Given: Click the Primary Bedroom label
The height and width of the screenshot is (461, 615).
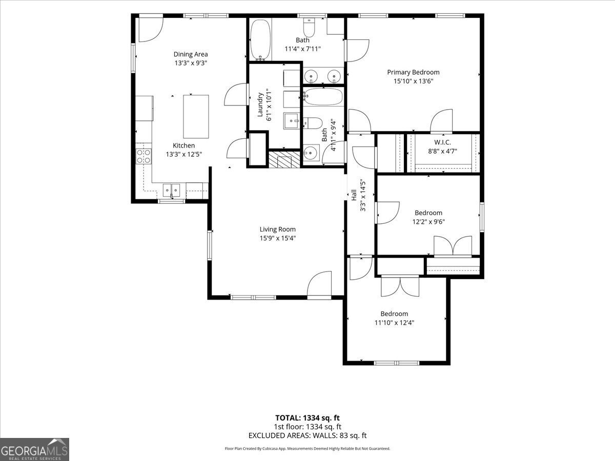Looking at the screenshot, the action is (413, 72).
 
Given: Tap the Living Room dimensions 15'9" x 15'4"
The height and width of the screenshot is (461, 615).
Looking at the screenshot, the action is (277, 238).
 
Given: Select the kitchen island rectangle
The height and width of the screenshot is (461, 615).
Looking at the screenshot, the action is (196, 116).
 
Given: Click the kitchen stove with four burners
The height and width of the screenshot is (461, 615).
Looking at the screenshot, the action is (143, 156).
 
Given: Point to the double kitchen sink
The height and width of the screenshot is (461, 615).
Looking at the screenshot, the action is (172, 191).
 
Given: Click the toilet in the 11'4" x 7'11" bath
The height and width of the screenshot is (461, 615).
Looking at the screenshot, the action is (309, 27).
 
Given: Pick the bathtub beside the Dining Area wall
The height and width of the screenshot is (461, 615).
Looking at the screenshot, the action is (260, 40).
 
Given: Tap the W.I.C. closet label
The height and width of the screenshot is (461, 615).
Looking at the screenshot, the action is (442, 142).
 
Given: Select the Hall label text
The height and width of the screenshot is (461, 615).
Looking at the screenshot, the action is (354, 195).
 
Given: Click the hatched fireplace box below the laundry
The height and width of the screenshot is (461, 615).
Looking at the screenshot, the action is (284, 159).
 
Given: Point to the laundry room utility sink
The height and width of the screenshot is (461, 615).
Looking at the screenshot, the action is (292, 121).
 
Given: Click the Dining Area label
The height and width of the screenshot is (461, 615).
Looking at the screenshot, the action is (191, 54).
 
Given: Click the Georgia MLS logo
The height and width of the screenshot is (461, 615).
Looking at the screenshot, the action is (34, 450).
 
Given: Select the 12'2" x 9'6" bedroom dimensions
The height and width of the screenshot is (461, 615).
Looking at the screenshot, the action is (428, 222).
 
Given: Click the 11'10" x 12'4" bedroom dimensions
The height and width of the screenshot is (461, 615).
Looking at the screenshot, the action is (394, 323).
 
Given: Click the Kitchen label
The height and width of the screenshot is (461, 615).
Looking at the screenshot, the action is (184, 145).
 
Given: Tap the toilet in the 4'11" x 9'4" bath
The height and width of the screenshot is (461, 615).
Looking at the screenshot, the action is (313, 123).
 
